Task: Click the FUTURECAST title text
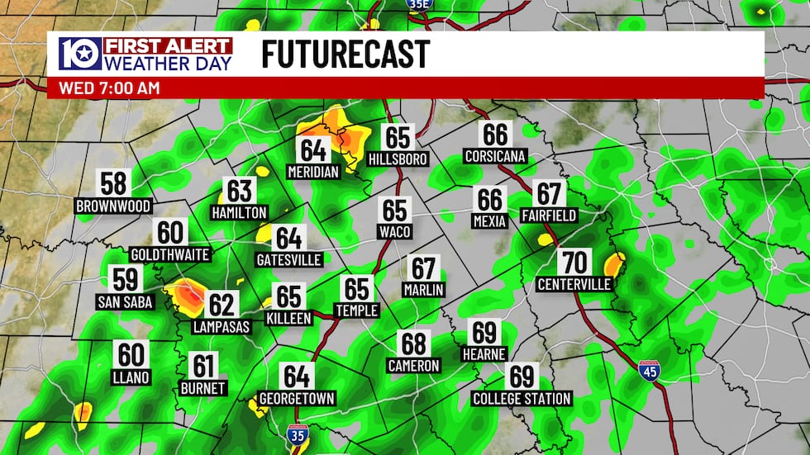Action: [345, 54]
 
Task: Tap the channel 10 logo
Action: [79, 54]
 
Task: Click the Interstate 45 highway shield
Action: [650, 371]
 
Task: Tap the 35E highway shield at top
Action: [419, 5]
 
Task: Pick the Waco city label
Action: [395, 232]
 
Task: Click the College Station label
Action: [522, 399]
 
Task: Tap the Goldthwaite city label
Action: [170, 254]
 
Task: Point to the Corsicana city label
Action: [495, 156]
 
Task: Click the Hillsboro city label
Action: [398, 159]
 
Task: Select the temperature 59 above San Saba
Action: [126, 280]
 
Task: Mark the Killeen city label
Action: [289, 318]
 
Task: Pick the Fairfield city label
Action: [549, 216]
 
